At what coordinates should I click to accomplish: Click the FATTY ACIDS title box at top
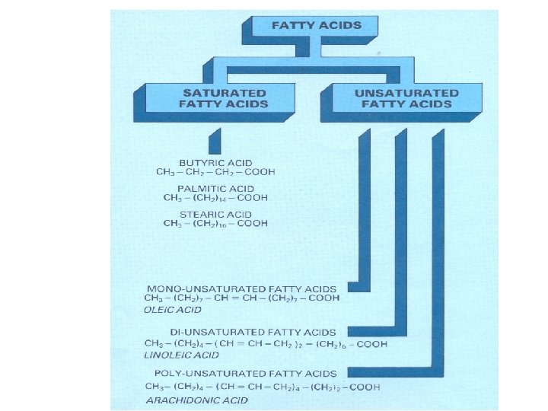click(316, 25)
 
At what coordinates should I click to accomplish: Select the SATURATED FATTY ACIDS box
click(224, 98)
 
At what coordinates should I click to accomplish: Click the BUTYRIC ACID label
click(215, 163)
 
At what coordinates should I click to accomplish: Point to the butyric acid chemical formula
click(215, 173)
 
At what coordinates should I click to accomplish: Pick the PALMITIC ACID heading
click(215, 188)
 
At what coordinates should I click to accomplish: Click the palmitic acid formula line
click(215, 198)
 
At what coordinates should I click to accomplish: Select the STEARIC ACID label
click(215, 214)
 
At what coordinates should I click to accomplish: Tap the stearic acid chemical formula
click(215, 224)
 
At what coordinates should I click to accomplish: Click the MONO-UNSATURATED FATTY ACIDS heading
click(245, 289)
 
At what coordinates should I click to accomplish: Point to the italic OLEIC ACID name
click(172, 310)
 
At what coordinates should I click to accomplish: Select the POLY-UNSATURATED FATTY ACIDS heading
click(245, 374)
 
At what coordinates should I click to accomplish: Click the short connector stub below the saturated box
click(214, 141)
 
